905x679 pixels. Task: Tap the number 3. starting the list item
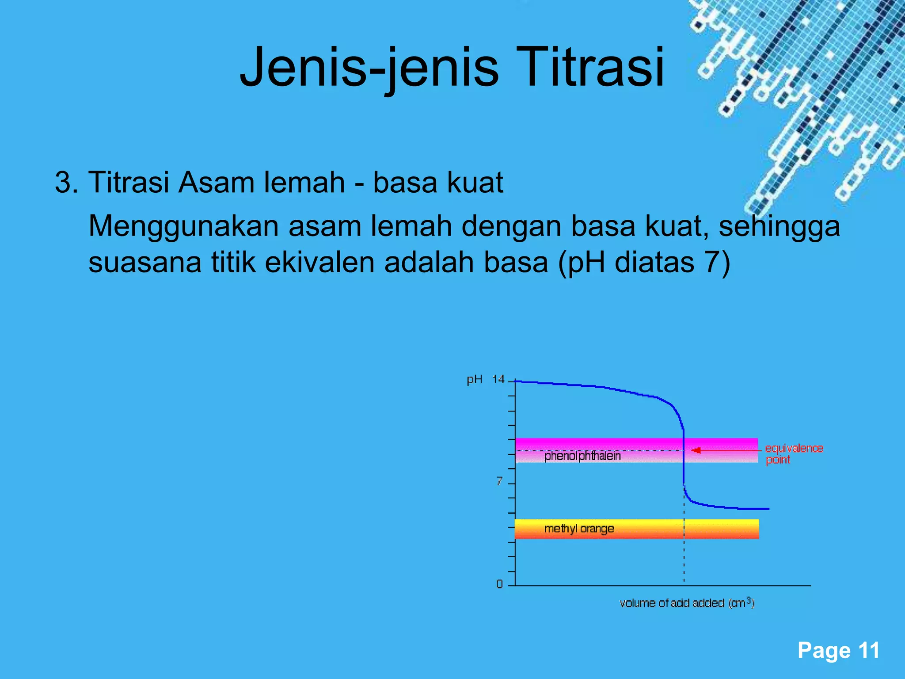click(66, 182)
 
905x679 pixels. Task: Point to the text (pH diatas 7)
click(644, 263)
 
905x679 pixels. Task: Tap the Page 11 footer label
click(838, 651)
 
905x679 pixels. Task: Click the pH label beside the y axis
click(474, 380)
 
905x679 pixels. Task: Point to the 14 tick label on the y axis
click(498, 379)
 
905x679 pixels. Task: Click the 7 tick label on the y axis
click(499, 481)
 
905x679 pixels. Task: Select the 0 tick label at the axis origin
click(499, 584)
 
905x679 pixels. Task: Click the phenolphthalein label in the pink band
click(582, 456)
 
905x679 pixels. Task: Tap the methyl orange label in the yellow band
click(579, 529)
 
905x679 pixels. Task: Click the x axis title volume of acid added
click(687, 603)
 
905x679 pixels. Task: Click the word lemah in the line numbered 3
click(304, 182)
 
